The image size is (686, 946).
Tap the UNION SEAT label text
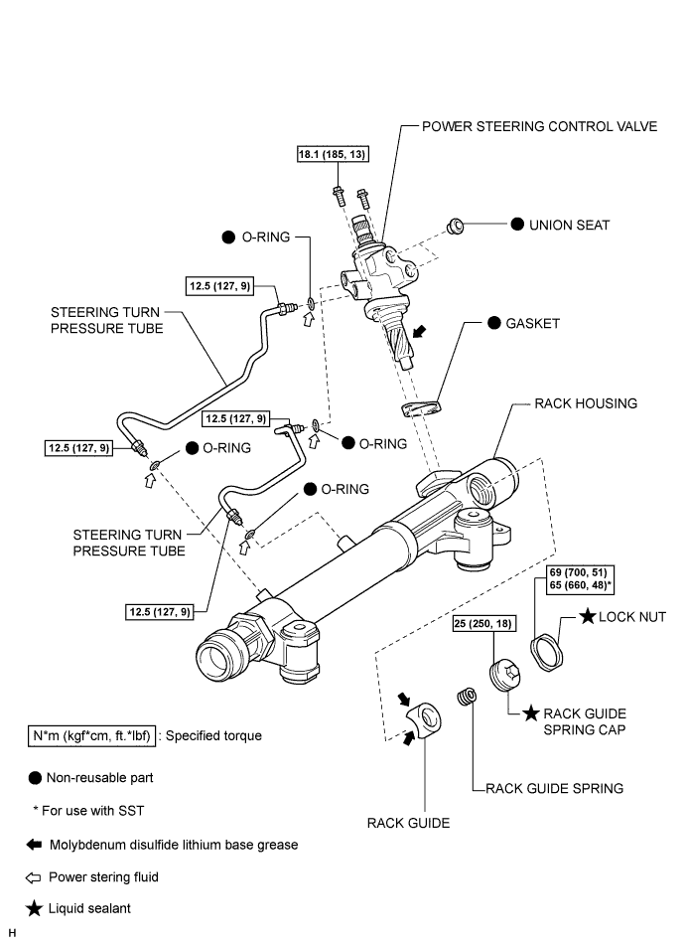(x=571, y=226)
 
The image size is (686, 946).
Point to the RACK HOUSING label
(x=585, y=404)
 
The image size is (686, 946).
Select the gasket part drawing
(x=419, y=408)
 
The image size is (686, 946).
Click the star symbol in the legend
(x=36, y=909)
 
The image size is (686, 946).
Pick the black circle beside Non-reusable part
(x=36, y=778)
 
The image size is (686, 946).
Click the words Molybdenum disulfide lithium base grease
(x=174, y=845)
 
